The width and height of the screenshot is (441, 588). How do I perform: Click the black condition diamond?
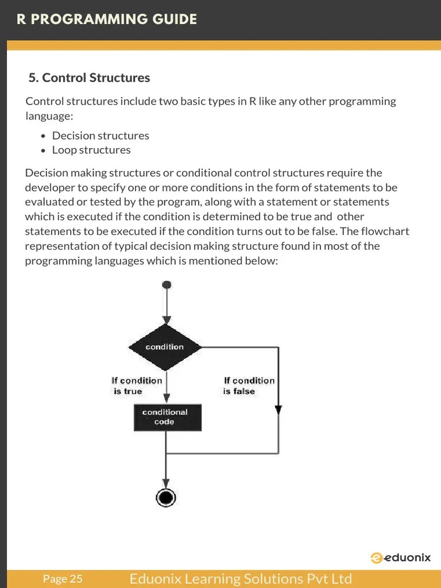click(165, 347)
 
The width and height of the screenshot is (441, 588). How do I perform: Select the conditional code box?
click(168, 417)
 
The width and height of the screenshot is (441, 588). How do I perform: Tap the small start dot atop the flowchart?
click(167, 284)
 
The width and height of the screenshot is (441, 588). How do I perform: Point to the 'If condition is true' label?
click(137, 386)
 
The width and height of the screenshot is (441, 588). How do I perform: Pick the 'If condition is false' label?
click(249, 386)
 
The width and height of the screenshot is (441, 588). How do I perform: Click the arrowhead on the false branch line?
click(278, 409)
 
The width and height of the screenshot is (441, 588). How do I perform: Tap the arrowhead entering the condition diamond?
click(167, 320)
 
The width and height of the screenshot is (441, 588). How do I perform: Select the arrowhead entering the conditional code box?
click(167, 400)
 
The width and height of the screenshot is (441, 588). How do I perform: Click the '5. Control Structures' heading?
click(89, 78)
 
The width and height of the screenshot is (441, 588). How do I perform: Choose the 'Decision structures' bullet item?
click(100, 136)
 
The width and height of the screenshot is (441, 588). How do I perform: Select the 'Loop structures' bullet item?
click(91, 150)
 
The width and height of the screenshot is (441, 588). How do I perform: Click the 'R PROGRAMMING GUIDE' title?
click(106, 20)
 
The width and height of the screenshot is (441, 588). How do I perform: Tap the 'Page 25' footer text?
click(63, 579)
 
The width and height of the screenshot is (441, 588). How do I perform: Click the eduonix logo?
click(400, 558)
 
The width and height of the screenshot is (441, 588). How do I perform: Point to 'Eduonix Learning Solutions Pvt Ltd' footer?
click(241, 579)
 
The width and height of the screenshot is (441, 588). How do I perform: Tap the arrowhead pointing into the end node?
click(167, 483)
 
